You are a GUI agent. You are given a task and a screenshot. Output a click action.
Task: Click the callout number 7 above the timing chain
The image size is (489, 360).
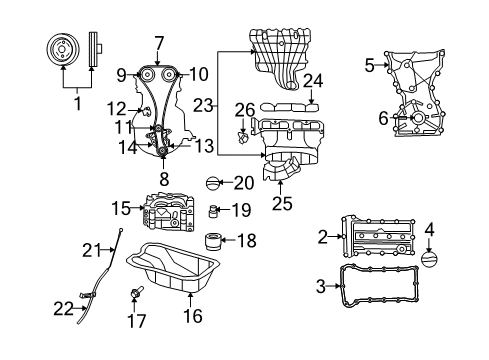click(158, 42)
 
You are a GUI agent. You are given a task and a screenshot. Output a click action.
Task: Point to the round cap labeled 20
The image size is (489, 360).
click(211, 183)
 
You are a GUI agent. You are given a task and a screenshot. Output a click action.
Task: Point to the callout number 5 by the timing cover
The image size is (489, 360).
click(370, 65)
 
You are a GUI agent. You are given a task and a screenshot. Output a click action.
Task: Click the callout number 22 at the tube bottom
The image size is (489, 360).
click(64, 310)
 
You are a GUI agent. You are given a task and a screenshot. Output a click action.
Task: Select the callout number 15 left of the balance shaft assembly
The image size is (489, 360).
click(121, 208)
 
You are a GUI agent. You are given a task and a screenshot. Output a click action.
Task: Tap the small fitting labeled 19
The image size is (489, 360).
click(213, 211)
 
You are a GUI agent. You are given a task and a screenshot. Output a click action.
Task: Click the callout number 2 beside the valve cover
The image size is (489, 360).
click(323, 236)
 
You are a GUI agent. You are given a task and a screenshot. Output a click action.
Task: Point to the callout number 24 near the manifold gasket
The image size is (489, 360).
click(313, 81)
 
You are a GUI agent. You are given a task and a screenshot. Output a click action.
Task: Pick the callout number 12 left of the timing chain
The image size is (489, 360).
click(117, 108)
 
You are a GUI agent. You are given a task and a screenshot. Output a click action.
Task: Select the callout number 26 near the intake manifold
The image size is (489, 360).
click(244, 108)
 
